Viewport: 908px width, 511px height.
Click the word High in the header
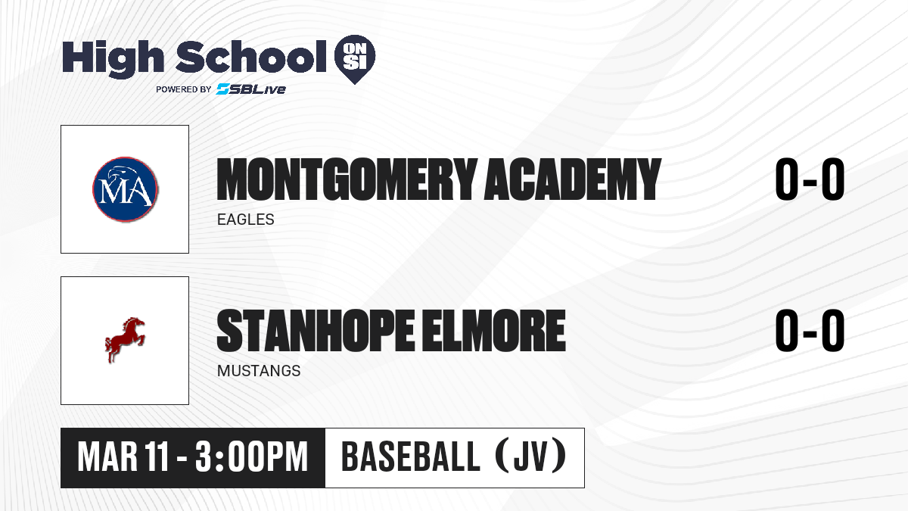point(113,58)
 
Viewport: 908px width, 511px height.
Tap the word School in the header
point(251,56)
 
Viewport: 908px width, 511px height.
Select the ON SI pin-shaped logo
point(355,59)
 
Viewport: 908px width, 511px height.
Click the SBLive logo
point(251,89)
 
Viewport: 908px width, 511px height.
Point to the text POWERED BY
point(184,89)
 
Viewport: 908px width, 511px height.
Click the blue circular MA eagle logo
point(126,189)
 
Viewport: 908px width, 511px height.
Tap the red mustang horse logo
point(125,340)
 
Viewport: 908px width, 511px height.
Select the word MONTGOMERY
point(347,179)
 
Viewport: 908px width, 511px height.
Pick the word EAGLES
point(246,220)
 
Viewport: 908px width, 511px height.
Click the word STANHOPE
point(316,331)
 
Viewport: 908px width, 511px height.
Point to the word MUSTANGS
point(259,371)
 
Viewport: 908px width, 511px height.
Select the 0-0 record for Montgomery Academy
point(810,179)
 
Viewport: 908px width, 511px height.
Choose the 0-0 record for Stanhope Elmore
point(810,331)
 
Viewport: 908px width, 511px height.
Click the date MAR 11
point(123,457)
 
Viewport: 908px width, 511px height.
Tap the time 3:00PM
point(251,457)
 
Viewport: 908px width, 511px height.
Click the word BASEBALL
point(411,457)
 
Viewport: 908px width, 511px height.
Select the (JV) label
point(531,456)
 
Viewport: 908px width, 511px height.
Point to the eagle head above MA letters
point(121,173)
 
